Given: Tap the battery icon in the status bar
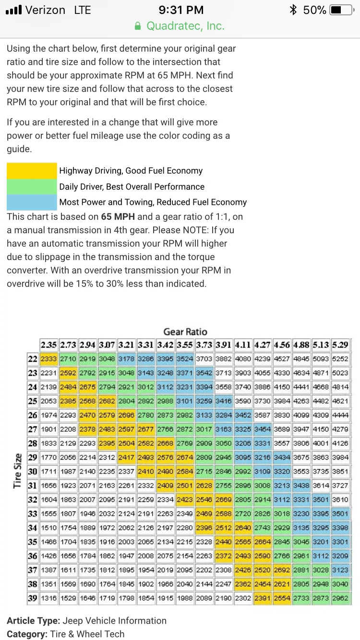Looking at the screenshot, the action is (342, 10).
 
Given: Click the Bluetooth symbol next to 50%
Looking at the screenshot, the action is (293, 10).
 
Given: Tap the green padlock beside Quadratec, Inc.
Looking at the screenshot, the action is (138, 26).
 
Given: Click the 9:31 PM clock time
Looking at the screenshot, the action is (181, 10).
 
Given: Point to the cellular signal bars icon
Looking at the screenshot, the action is (13, 10).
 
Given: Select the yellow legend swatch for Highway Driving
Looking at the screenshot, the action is (32, 171).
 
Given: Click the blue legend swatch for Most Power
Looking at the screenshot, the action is (32, 202).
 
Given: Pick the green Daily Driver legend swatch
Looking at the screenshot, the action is (32, 187).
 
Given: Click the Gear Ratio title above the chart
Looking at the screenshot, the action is (185, 332).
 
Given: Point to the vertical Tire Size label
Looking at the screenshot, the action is (18, 471).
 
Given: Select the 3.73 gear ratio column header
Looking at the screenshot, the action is (204, 345).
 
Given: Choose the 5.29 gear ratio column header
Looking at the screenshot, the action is (340, 345).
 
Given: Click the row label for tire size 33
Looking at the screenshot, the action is (33, 514).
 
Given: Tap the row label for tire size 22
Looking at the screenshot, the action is (33, 358).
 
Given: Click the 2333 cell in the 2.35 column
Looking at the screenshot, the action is (48, 358).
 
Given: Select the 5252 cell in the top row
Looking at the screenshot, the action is (340, 358).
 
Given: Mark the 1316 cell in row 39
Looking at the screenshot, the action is (48, 598).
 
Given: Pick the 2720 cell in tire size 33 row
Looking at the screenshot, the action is (243, 514).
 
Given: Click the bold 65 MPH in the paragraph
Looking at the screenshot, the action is (118, 216).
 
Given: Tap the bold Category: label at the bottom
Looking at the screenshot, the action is (27, 634).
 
